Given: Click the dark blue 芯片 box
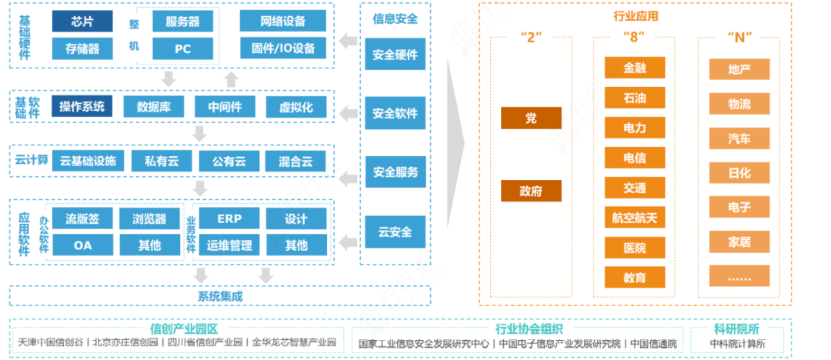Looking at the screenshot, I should coord(82,22).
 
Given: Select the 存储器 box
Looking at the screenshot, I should coord(82,48).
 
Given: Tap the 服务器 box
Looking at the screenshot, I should coord(182,22).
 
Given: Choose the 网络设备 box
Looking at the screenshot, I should coord(283,22).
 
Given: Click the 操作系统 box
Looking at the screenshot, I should coord(82,106).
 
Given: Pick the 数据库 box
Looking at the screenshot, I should coord(153,107).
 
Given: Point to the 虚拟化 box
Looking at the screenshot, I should coord(296,107).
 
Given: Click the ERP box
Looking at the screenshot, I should coord(229,218).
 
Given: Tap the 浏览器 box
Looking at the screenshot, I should coord(149,218).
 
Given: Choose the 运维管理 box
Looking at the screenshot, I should coord(229,245).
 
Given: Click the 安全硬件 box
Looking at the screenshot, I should coord(395,55).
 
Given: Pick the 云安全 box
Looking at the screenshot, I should coord(395,231).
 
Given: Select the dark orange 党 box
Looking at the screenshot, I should coord(531,118).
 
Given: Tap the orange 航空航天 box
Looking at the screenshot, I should coord(635,218).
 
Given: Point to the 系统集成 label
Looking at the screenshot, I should coord(220,295).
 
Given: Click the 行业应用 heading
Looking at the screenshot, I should coord(636,15).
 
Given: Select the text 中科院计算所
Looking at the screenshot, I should coord(737,342).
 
